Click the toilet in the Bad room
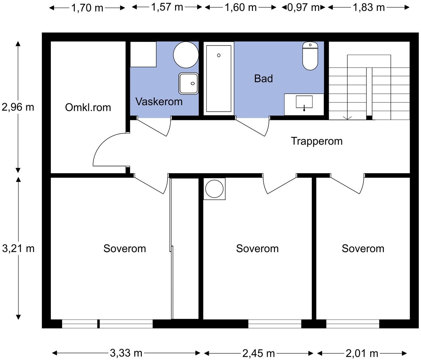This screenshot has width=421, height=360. (310, 56)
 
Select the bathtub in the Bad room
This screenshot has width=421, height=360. (219, 78)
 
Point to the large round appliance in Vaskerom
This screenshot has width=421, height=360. (186, 55)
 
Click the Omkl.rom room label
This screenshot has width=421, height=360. (88, 107)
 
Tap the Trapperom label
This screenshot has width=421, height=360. (316, 141)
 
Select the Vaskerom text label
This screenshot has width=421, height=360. (159, 102)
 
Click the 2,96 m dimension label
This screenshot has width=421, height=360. (18, 107)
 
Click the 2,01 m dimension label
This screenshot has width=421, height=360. (363, 353)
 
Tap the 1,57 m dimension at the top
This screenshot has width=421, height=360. (167, 7)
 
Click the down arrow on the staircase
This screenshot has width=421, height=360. (348, 117)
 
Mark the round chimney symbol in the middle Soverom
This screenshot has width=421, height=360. (214, 189)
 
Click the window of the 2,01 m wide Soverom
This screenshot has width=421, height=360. (353, 324)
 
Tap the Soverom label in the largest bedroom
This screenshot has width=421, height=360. (125, 249)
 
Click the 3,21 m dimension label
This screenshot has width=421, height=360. (18, 249)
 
